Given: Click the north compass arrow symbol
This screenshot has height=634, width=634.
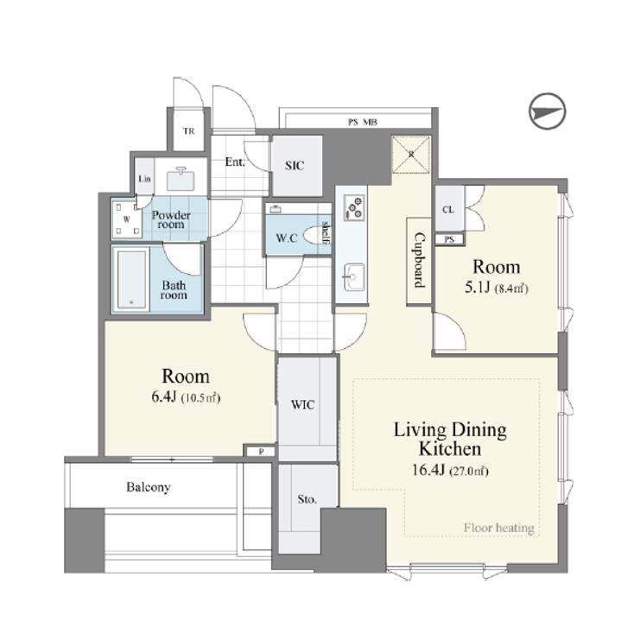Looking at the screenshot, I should (x=547, y=112).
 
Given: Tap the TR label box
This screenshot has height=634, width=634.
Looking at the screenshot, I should (x=187, y=132).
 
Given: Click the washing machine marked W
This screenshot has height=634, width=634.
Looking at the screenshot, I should (x=125, y=219).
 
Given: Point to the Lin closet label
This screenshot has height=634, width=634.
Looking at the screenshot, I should (x=143, y=179).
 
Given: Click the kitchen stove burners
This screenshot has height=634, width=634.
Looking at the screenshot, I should (x=354, y=207).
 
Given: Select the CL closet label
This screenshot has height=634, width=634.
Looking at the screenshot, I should (x=448, y=210).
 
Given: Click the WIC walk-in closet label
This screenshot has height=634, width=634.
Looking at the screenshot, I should (x=303, y=403).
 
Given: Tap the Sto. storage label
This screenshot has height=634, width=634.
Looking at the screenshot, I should (x=306, y=499).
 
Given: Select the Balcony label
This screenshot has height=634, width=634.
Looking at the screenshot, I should (x=148, y=487).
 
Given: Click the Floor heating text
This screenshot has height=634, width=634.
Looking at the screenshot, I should (x=499, y=528).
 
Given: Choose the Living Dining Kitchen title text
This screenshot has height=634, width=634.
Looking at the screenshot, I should (x=449, y=439).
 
